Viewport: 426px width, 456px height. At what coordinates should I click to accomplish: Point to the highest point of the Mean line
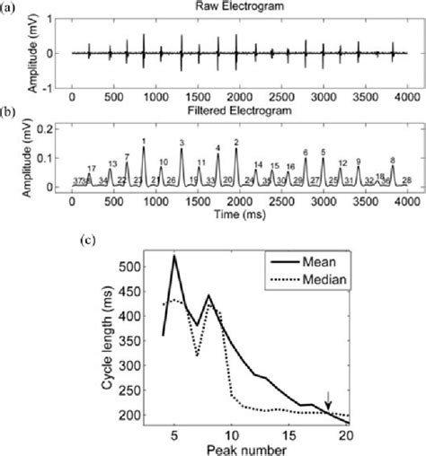coord(173,256)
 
